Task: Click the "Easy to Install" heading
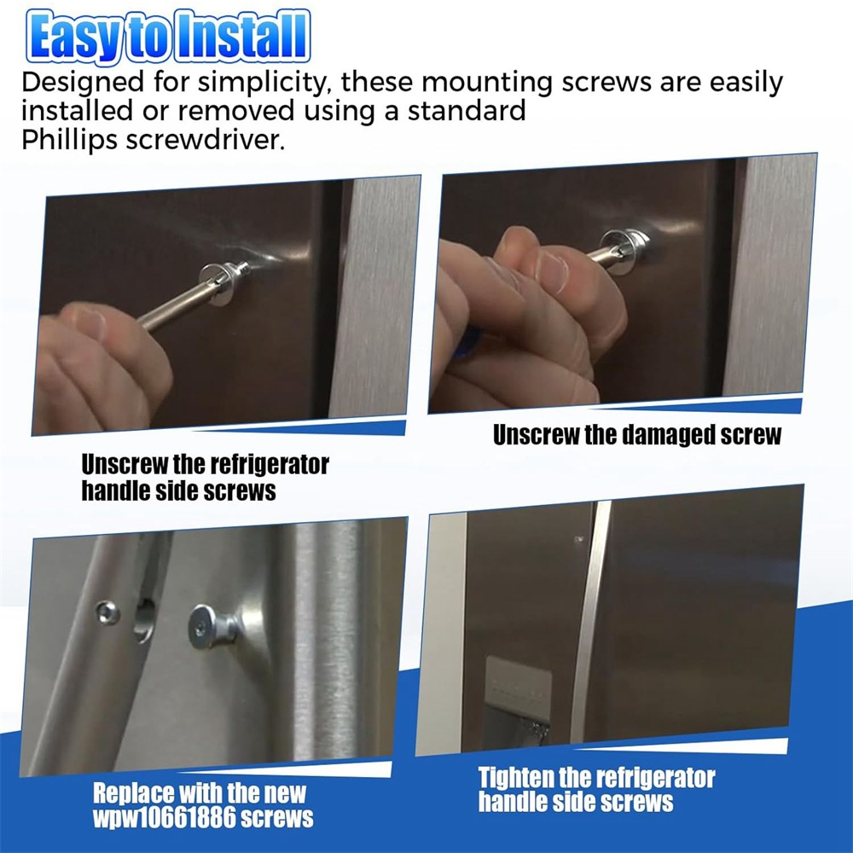(x=168, y=36)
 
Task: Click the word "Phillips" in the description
(x=69, y=140)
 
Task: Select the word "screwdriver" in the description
(x=205, y=140)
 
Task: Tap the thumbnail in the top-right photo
(x=551, y=270)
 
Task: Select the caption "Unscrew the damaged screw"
(x=636, y=435)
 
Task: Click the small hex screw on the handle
(x=107, y=613)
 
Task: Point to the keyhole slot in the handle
(x=145, y=619)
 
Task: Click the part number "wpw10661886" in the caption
(x=164, y=818)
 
